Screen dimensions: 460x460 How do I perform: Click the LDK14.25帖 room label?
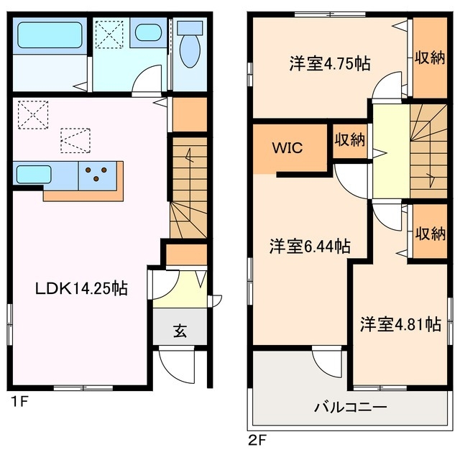tap(82, 289)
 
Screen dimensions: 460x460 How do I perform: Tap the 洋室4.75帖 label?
tap(330, 63)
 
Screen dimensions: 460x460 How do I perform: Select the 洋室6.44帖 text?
tap(310, 247)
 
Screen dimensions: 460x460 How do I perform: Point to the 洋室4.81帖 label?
tap(400, 324)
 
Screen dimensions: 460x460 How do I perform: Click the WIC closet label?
tap(287, 149)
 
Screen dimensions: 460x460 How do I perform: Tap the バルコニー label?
tap(350, 406)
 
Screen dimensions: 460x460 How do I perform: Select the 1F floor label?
tap(18, 401)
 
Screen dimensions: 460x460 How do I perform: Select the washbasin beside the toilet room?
tap(149, 33)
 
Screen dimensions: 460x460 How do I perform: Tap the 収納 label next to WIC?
tap(349, 139)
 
